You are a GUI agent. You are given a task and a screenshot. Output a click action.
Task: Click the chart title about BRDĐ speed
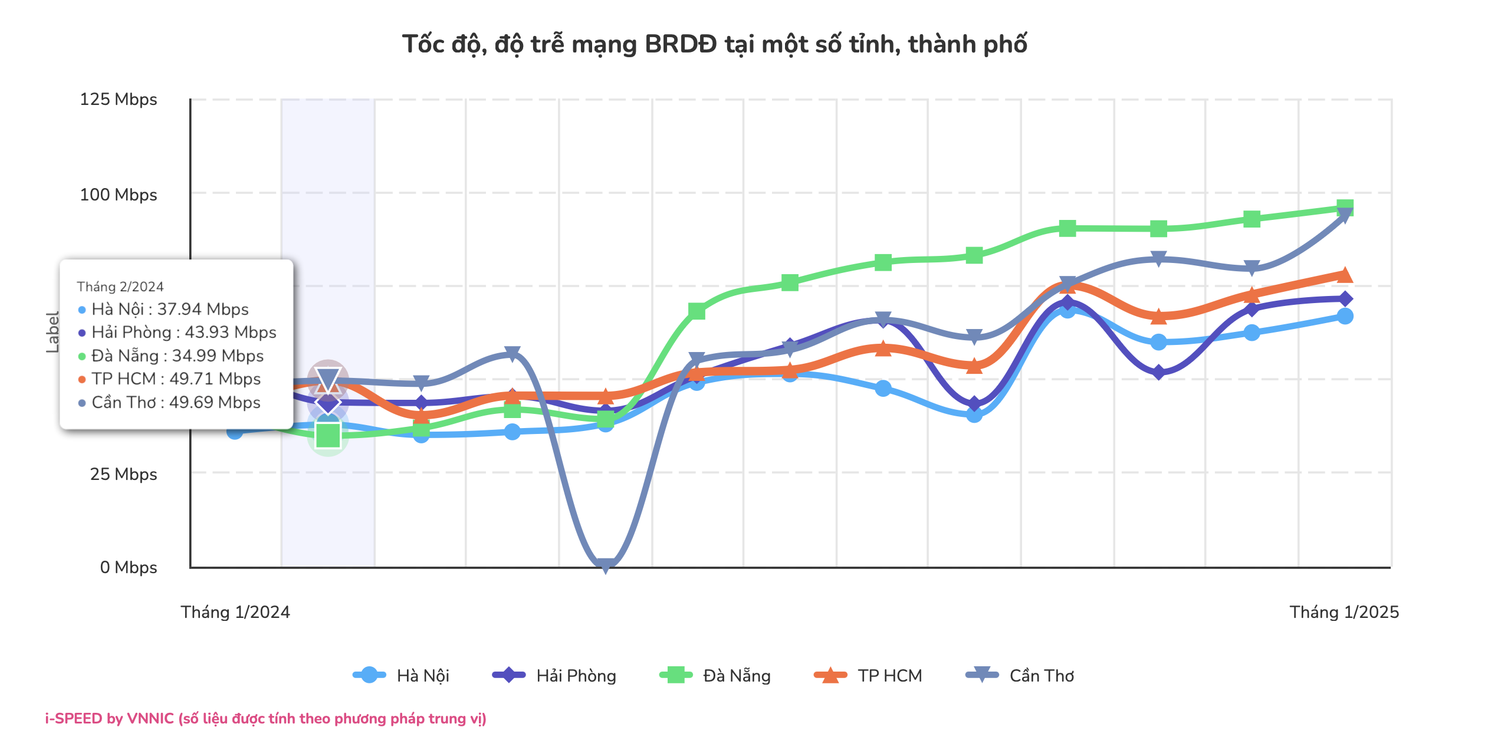(714, 44)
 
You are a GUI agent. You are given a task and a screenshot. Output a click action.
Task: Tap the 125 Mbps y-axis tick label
(118, 99)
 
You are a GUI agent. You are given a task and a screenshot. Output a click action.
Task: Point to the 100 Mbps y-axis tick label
(118, 195)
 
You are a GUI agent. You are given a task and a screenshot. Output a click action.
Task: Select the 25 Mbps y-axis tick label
(123, 474)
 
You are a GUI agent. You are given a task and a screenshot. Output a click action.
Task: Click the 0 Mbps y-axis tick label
(128, 567)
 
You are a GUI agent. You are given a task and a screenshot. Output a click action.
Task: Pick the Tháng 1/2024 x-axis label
(235, 612)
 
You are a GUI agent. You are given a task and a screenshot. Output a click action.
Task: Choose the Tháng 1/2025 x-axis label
(1344, 612)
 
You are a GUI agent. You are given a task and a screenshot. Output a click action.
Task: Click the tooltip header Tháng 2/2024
(120, 287)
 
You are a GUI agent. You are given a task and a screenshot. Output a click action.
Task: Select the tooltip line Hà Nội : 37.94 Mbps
(170, 309)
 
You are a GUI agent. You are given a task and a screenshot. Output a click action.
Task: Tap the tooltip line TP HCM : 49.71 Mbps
(176, 379)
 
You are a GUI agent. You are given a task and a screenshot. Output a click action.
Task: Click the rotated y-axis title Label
(52, 333)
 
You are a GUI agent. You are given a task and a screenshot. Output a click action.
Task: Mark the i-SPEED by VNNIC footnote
(266, 719)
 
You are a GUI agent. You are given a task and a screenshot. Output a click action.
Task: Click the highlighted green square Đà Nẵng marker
(328, 436)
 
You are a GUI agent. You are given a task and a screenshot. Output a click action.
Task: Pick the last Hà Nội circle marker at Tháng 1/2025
(1345, 316)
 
